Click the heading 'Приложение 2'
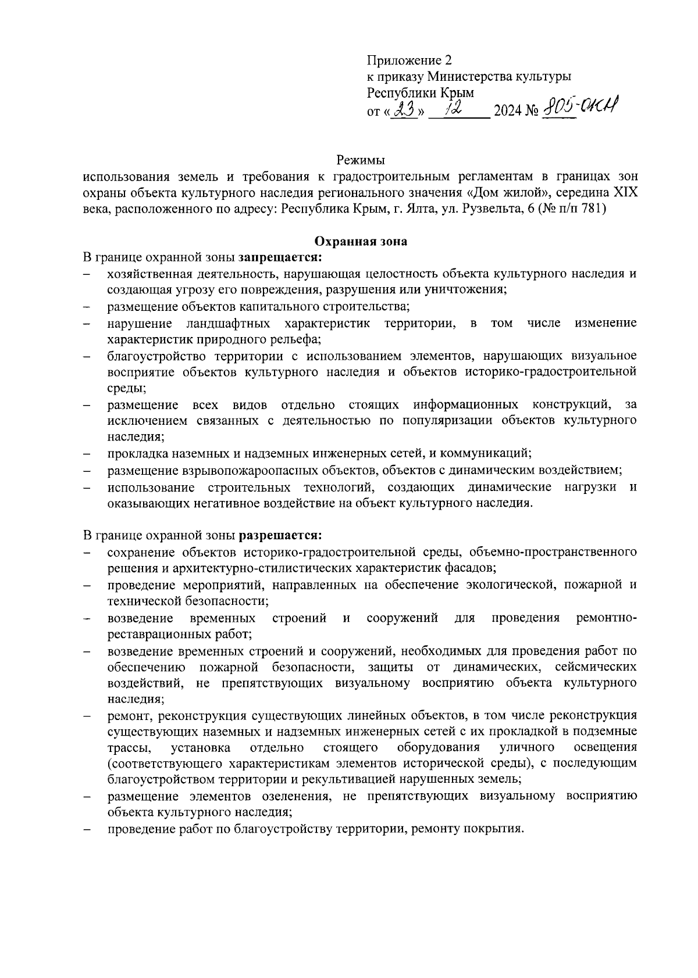pos(409,60)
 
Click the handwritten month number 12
pos(451,109)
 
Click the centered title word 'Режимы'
pos(361,160)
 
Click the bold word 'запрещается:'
pos(280,257)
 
